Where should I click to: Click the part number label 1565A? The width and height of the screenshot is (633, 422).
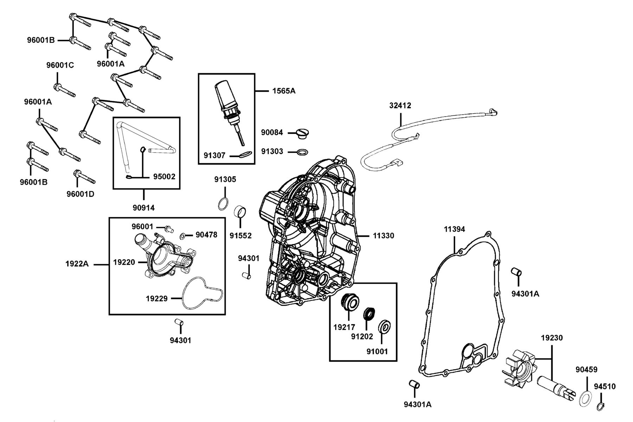(284, 91)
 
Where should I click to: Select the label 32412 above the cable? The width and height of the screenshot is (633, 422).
(400, 105)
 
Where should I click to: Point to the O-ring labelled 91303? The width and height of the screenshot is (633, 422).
(302, 152)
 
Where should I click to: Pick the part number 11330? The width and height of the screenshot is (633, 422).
(384, 236)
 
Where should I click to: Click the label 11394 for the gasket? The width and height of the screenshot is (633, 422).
(454, 229)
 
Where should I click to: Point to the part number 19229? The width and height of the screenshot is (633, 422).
(157, 299)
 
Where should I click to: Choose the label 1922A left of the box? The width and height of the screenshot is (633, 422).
(77, 264)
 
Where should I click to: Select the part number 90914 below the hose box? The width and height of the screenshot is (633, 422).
(143, 208)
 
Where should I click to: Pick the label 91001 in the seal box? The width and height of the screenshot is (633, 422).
(377, 351)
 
